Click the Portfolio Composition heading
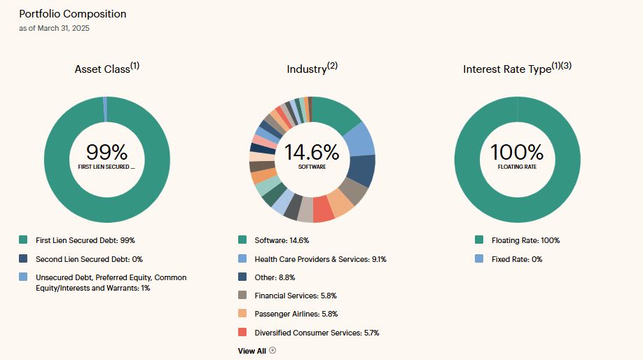click(73, 14)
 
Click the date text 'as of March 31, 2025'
click(54, 29)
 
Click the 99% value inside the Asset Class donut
click(106, 152)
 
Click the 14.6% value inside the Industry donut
click(312, 152)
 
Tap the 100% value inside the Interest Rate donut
click(517, 152)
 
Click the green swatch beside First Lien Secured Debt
click(24, 240)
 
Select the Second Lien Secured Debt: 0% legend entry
click(89, 259)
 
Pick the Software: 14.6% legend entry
click(282, 240)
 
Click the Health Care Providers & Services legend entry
click(320, 259)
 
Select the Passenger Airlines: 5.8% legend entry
click(296, 314)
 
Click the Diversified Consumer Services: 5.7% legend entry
click(317, 333)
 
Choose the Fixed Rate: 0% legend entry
click(517, 259)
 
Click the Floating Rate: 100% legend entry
click(525, 240)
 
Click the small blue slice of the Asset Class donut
click(105, 109)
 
